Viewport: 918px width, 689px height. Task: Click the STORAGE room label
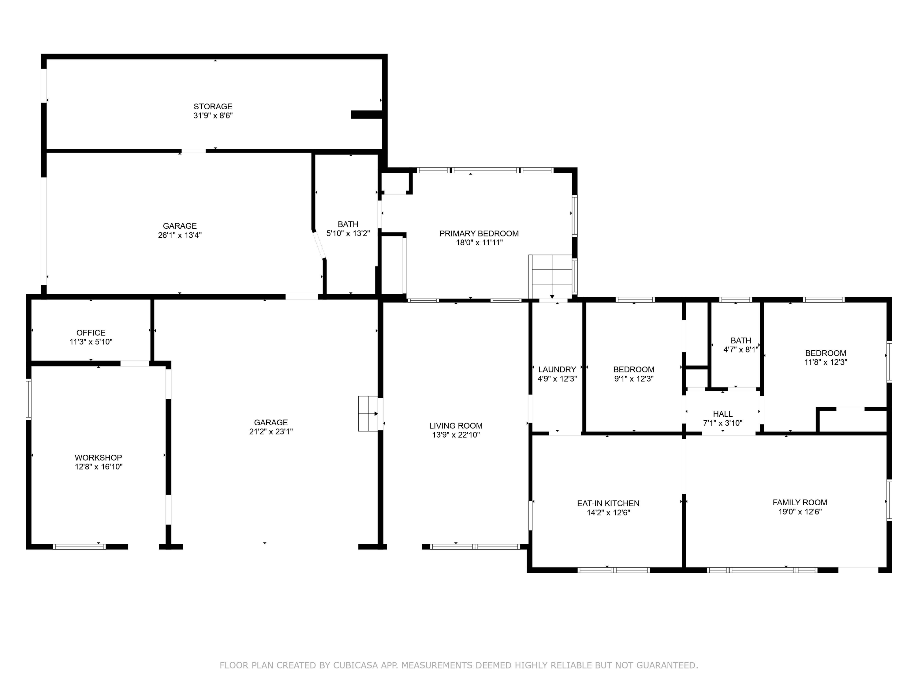[x=213, y=106]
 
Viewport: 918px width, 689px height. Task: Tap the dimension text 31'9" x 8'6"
[x=213, y=116]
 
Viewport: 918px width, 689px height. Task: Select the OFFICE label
[x=91, y=333]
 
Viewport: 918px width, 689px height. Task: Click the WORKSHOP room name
[x=98, y=458]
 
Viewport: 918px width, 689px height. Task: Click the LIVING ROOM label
[x=456, y=426]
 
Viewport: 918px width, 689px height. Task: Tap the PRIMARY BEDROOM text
[x=479, y=233]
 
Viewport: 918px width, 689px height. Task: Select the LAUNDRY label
[x=557, y=370]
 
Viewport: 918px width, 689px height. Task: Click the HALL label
[x=722, y=414]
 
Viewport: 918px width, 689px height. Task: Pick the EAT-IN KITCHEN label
[x=608, y=503]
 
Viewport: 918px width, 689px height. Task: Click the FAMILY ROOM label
[x=800, y=503]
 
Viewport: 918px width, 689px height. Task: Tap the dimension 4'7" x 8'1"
[x=741, y=350]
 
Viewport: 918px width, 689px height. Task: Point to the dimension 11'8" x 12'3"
[x=826, y=362]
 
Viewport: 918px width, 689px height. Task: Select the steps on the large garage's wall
[x=368, y=414]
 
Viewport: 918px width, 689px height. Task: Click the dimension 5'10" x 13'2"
[x=348, y=233]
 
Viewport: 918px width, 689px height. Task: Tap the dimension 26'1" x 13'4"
[x=180, y=235]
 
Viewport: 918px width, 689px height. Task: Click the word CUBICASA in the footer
[x=356, y=665]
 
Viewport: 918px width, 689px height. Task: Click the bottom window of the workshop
[x=79, y=547]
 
